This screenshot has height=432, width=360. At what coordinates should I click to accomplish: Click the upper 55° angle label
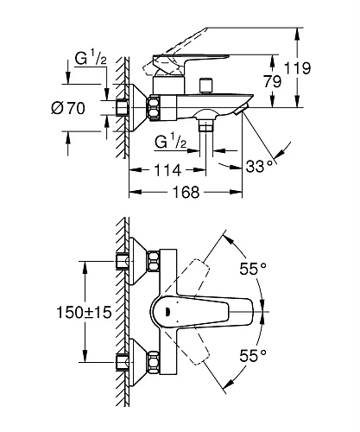coord(251,269)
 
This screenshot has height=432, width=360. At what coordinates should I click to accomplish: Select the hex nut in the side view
coord(155,107)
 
